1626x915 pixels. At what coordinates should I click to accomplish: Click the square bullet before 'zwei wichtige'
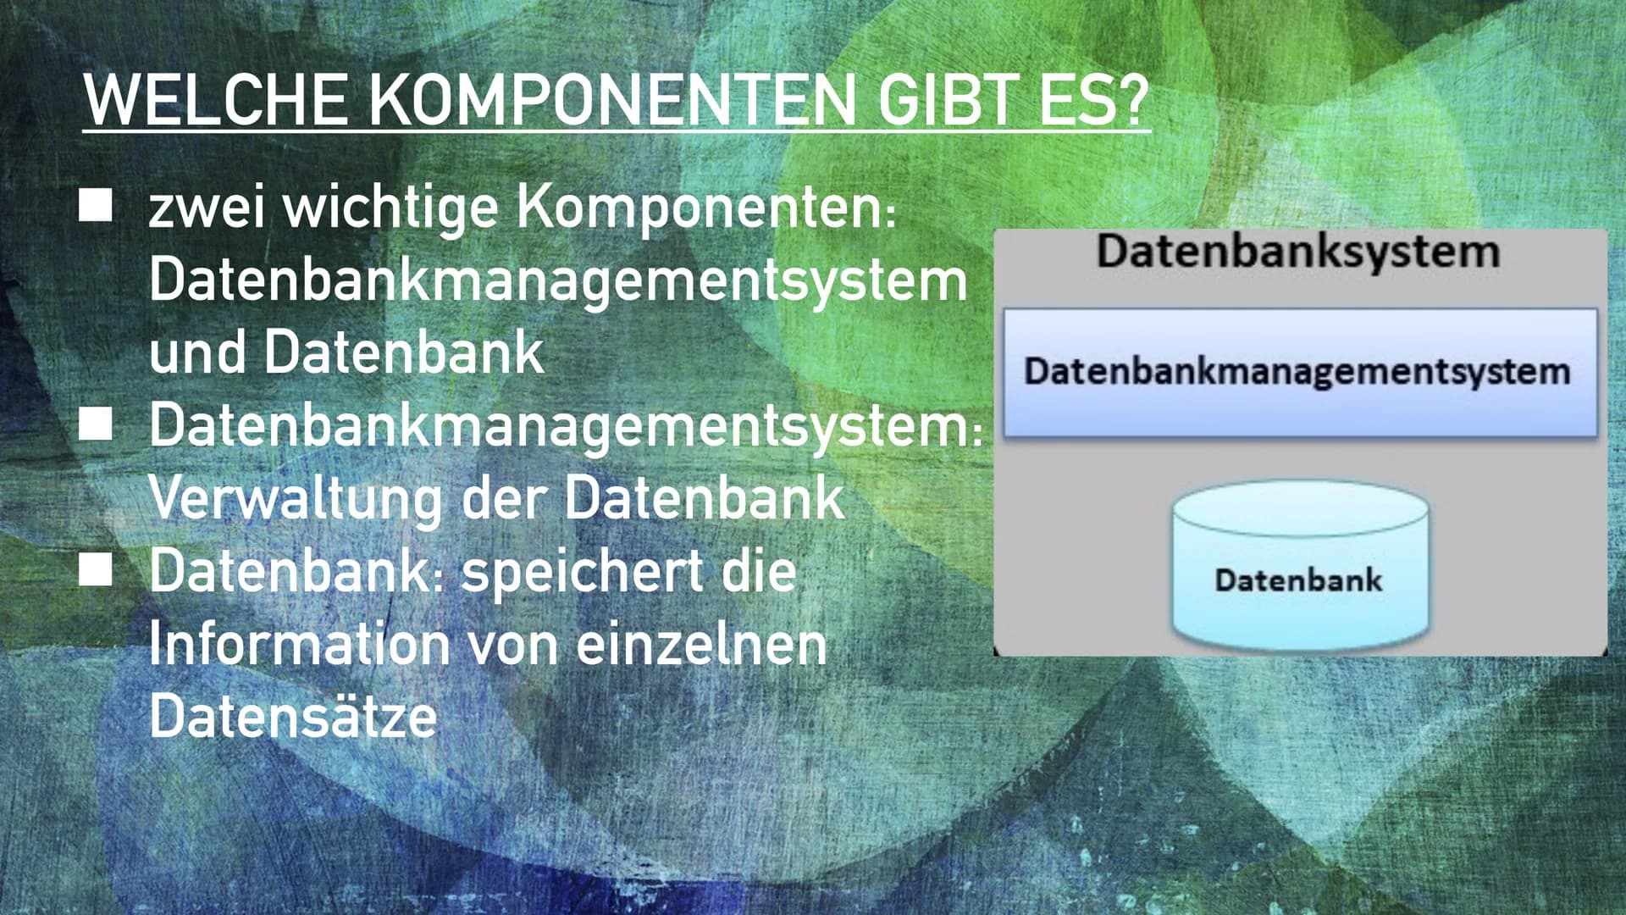[x=96, y=205]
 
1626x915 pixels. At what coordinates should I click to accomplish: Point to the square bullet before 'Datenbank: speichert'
[x=96, y=569]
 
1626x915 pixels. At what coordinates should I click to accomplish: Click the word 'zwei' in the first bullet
[x=207, y=208]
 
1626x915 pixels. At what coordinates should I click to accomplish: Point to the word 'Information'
[x=299, y=644]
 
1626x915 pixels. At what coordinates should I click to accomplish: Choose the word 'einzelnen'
[x=701, y=644]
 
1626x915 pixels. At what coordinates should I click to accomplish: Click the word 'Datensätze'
[x=293, y=717]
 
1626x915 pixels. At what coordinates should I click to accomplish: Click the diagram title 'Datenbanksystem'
[x=1297, y=252]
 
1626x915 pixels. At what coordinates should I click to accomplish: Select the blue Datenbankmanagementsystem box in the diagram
[x=1300, y=373]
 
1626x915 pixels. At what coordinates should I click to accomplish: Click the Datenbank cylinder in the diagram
[x=1300, y=565]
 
